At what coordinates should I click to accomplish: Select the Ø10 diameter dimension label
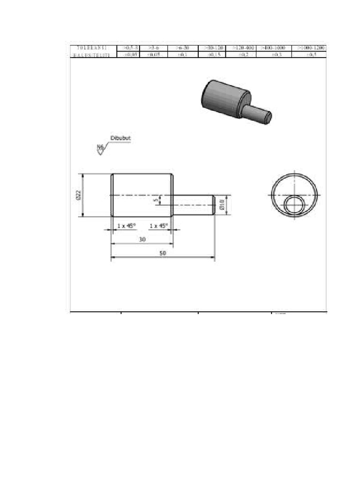pos(222,205)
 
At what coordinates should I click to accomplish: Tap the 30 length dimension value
pos(142,239)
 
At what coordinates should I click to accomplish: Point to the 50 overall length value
pos(163,253)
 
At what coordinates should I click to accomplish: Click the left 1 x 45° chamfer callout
pos(126,225)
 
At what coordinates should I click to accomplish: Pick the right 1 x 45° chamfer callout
pos(158,225)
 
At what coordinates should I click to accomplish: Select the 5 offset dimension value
pos(157,200)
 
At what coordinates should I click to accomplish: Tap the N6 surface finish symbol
pos(100,148)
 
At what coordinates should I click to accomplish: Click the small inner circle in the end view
pos(294,205)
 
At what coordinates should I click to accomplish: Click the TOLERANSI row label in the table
pos(91,48)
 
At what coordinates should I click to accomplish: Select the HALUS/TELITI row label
pos(91,55)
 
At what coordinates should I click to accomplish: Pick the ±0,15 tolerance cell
pos(213,55)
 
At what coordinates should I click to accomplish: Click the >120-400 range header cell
pos(243,48)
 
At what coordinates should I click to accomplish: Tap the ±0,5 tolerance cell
pos(308,55)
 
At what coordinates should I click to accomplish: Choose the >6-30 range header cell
pos(182,48)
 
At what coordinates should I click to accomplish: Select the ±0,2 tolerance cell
pos(243,55)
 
